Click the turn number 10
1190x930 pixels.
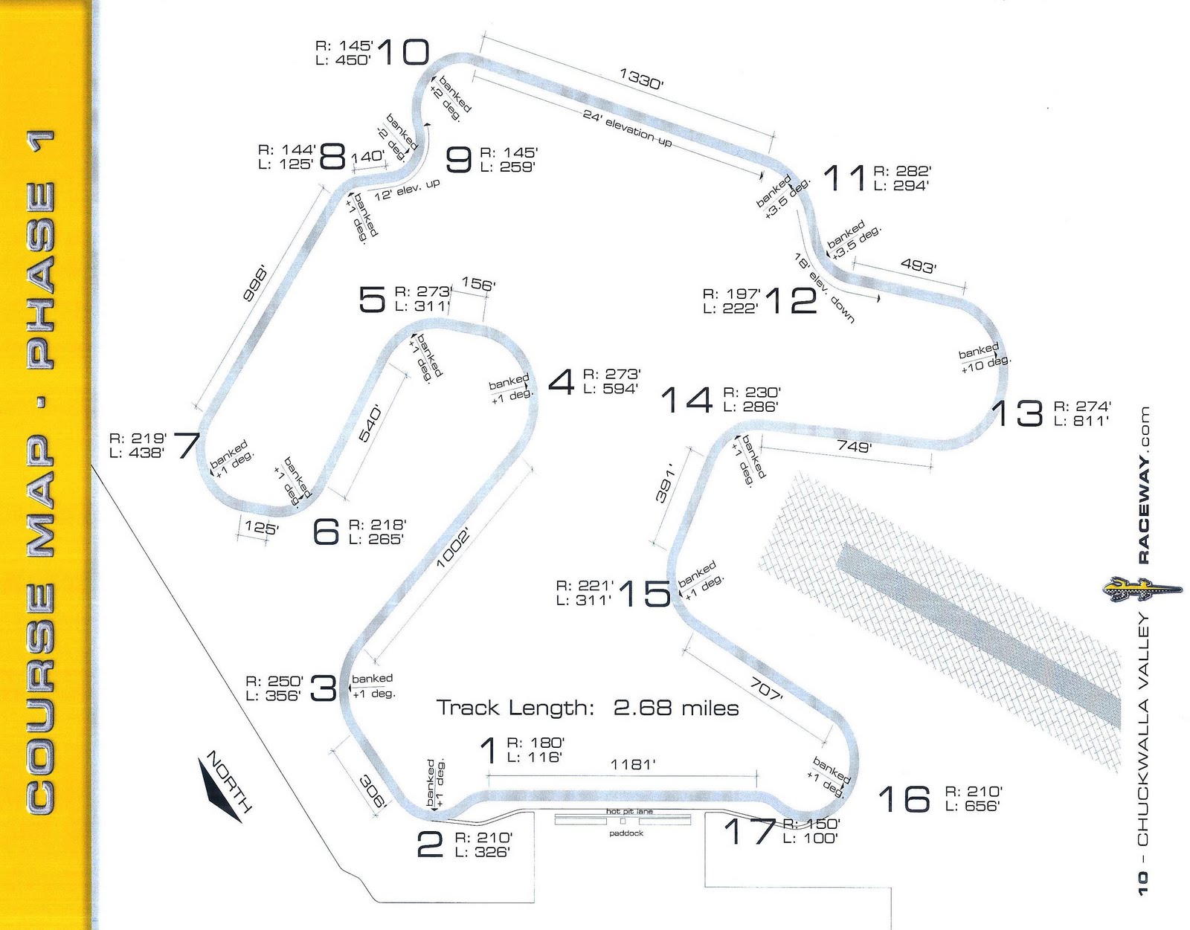point(403,53)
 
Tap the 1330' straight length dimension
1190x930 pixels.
point(640,79)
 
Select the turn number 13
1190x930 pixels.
point(1017,413)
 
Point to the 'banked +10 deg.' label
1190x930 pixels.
point(983,358)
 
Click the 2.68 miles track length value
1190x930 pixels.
point(676,708)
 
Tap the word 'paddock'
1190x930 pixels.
point(625,833)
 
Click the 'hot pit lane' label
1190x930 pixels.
point(629,811)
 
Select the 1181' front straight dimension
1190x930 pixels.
point(632,764)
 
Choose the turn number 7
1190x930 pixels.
point(186,445)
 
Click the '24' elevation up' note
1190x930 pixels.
point(627,128)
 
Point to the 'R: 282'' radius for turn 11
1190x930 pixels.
point(902,171)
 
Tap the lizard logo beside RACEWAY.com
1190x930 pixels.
point(1139,590)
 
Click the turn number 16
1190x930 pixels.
point(904,799)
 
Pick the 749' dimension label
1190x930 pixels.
point(853,447)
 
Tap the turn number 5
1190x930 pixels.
point(372,299)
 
